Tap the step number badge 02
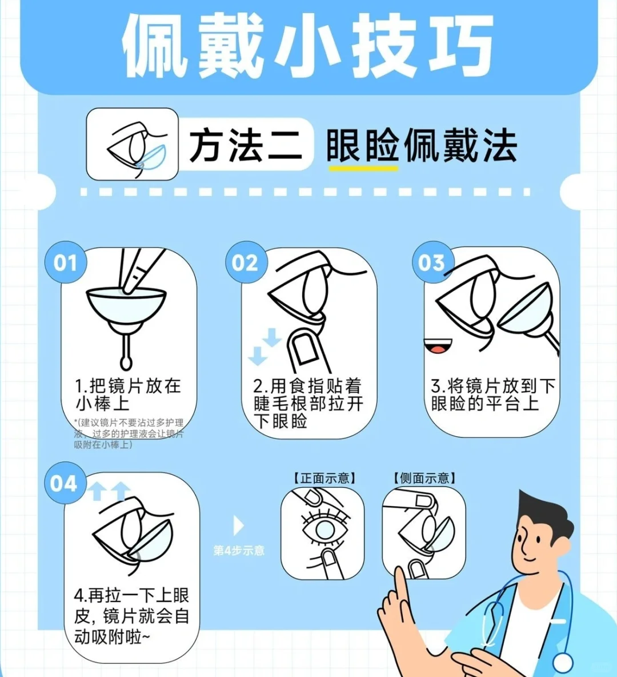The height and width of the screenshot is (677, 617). (246, 262)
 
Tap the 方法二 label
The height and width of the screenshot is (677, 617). (246, 145)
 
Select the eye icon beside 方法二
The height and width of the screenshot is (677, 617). (132, 144)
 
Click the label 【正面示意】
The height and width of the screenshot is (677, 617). (324, 478)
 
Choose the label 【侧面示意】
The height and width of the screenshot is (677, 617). (424, 478)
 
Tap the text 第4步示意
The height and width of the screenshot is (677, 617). (239, 551)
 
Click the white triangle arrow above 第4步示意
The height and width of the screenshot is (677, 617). (238, 525)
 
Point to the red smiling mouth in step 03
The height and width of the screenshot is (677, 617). (438, 347)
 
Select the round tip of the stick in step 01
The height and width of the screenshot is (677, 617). (126, 362)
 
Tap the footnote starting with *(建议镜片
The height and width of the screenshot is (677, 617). (129, 433)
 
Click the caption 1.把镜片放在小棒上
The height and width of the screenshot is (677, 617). (128, 395)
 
